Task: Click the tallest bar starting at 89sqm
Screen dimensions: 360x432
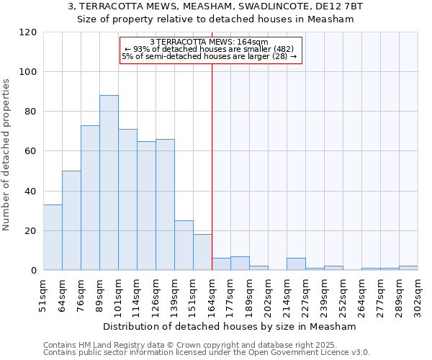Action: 109,183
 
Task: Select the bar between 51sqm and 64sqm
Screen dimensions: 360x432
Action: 53,238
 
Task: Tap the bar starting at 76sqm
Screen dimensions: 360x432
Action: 90,198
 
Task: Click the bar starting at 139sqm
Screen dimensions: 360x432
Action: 184,246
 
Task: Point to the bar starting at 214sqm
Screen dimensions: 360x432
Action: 296,264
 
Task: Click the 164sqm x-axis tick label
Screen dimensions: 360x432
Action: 212,294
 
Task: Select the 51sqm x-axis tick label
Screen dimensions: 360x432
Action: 43,294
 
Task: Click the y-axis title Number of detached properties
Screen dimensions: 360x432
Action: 7,155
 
